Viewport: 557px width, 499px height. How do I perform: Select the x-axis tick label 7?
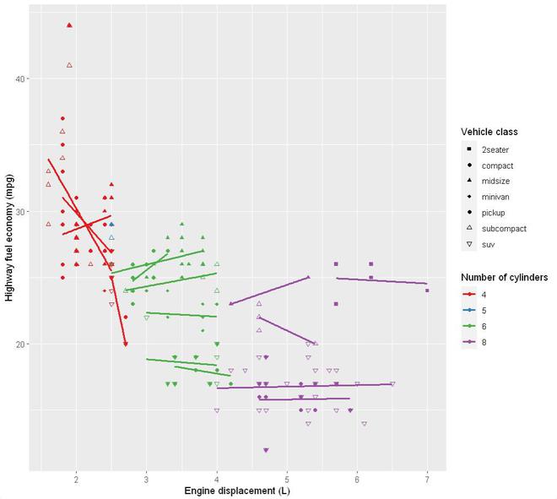pyautogui.click(x=427, y=481)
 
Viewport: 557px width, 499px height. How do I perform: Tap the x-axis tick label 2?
pyautogui.click(x=76, y=481)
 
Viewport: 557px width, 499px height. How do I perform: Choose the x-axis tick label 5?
pyautogui.click(x=287, y=481)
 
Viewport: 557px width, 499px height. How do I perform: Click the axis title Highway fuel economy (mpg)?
pyautogui.click(x=8, y=241)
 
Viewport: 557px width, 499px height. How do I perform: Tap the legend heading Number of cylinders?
pyautogui.click(x=505, y=277)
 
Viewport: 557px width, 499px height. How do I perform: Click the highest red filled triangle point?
pyautogui.click(x=69, y=25)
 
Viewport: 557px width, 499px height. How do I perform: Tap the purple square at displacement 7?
pyautogui.click(x=428, y=290)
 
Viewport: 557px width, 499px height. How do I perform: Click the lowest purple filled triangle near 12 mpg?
pyautogui.click(x=266, y=451)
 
